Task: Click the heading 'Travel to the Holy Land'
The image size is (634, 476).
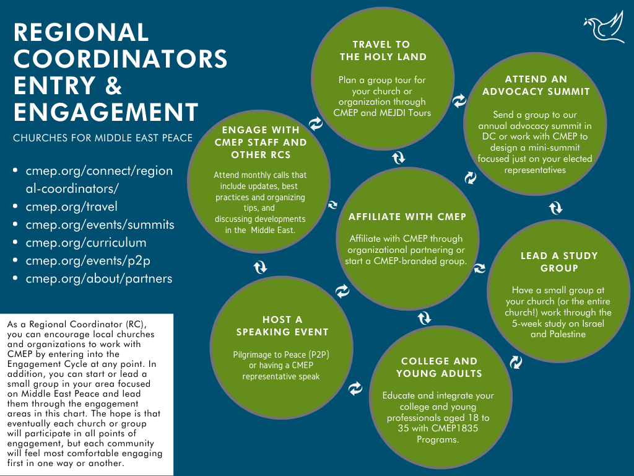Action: [381, 50]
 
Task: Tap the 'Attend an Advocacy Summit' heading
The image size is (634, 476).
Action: [536, 86]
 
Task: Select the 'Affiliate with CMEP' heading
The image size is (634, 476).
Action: [407, 217]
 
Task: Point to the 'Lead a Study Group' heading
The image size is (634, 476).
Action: [559, 262]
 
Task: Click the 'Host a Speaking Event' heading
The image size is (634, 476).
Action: [282, 325]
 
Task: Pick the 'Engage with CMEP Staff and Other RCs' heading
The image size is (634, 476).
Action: [261, 142]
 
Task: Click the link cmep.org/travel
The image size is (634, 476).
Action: [71, 206]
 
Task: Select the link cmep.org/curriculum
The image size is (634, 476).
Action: [86, 242]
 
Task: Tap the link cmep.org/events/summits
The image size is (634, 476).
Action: [100, 224]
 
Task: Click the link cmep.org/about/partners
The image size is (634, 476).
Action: [98, 278]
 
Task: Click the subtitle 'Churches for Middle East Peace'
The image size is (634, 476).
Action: [103, 138]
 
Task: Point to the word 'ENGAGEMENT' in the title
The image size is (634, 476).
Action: [106, 113]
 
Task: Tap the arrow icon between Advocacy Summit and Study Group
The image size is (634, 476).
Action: [556, 208]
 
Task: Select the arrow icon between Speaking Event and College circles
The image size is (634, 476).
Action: [355, 389]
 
